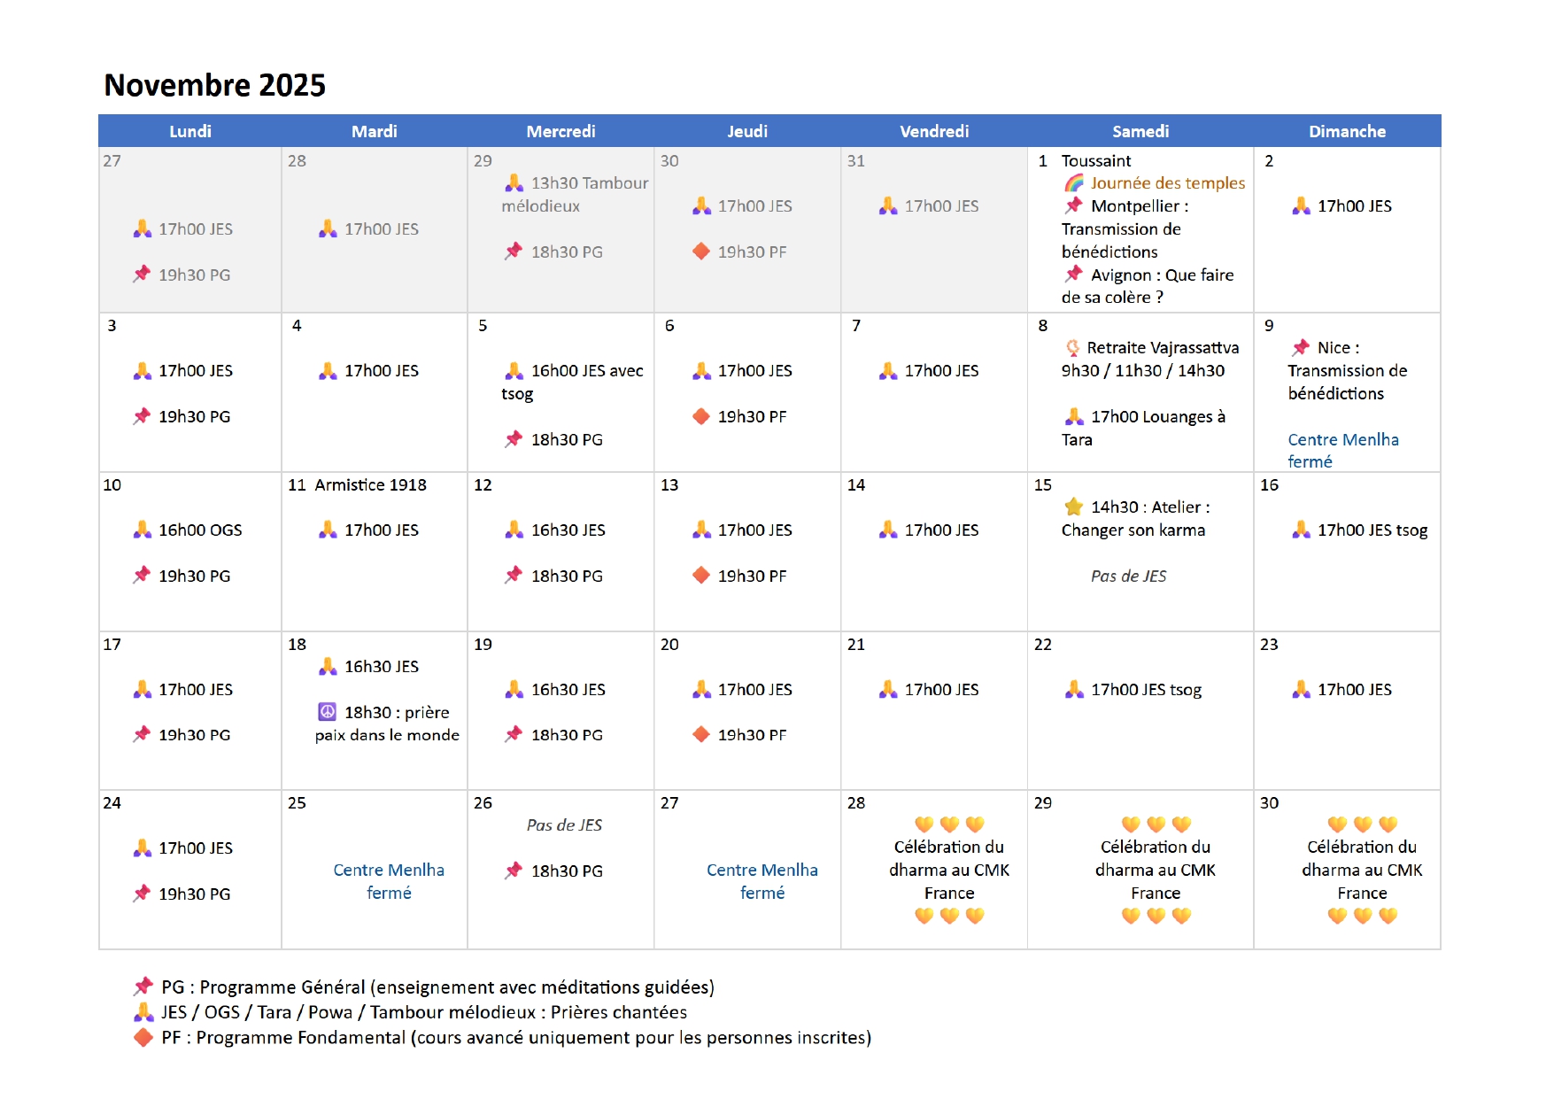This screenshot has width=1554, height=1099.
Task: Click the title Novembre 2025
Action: pos(215,85)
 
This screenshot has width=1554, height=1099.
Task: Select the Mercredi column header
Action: pos(561,131)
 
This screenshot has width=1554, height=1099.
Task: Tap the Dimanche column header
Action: pos(1347,131)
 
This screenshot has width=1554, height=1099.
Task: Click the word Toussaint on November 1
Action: pos(1096,160)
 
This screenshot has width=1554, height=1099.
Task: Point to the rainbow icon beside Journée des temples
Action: pos(1074,182)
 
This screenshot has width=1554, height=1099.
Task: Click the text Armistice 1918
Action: pos(370,484)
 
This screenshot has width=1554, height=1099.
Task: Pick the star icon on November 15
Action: pos(1074,507)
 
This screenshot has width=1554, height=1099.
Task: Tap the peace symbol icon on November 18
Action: pos(327,711)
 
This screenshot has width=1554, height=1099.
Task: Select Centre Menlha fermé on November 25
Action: pos(389,881)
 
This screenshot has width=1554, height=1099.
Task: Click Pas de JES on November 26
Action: pos(564,824)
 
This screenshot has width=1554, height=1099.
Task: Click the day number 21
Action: pos(855,644)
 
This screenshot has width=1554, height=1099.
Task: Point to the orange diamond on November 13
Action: pos(701,576)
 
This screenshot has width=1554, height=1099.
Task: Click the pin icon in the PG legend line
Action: pos(143,986)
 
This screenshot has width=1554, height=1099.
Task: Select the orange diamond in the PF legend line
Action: pos(143,1037)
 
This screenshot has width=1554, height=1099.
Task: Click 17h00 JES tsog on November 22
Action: pos(1146,689)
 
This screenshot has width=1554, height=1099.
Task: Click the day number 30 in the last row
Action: pos(1269,802)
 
